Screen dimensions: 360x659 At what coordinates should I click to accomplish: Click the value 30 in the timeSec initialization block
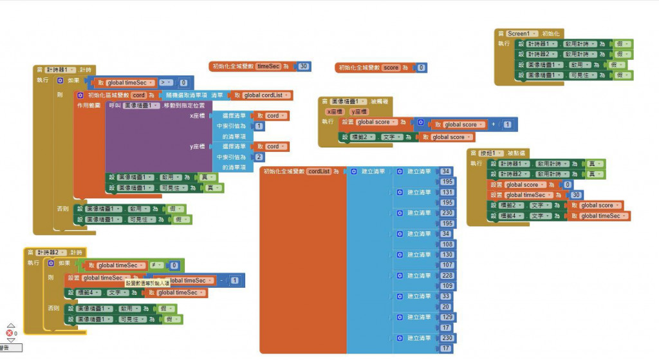(304, 66)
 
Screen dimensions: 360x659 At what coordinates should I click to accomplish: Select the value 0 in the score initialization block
(421, 67)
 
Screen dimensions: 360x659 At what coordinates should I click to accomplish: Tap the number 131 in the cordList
(446, 192)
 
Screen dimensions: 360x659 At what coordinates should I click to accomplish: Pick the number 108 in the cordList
(446, 244)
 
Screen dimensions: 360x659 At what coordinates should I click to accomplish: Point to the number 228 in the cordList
(446, 276)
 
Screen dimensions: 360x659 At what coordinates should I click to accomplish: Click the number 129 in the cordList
(446, 317)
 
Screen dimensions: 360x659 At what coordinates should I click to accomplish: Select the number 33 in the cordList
(445, 296)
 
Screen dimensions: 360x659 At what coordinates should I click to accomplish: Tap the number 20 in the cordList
(445, 307)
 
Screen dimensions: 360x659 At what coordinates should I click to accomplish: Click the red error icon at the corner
(10, 333)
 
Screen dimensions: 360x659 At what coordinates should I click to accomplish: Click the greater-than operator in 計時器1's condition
(165, 82)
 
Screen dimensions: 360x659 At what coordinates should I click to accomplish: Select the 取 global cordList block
(262, 95)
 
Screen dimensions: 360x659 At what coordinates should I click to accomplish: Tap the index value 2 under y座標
(259, 156)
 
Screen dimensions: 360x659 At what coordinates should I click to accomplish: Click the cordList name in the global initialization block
(319, 171)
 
